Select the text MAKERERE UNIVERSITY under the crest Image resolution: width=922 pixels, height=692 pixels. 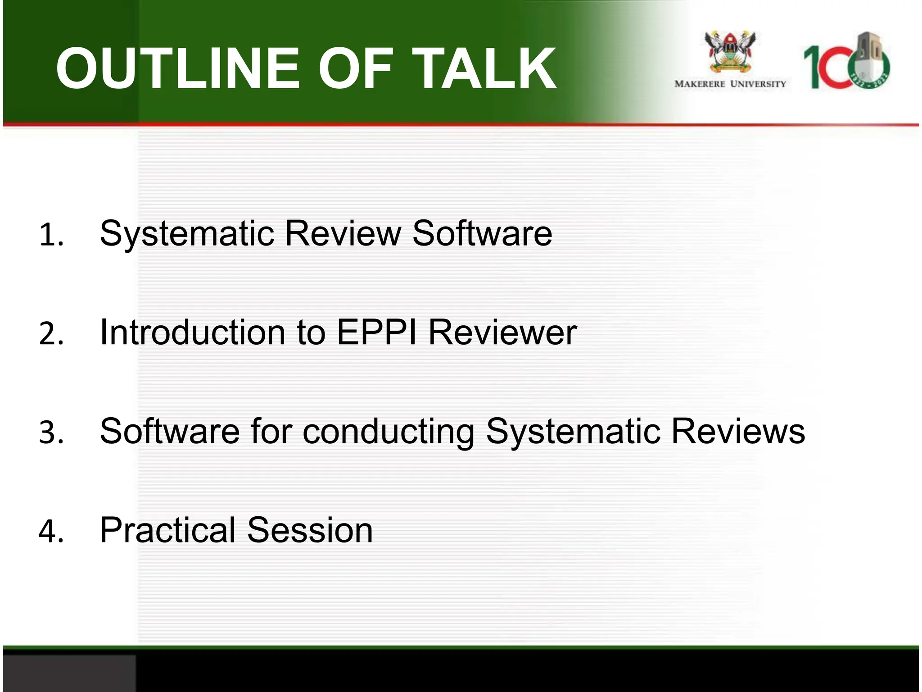click(730, 84)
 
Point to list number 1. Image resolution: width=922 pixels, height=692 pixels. click(51, 235)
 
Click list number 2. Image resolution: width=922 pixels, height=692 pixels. click(51, 334)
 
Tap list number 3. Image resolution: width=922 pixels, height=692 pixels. click(51, 433)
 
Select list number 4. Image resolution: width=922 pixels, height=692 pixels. click(51, 532)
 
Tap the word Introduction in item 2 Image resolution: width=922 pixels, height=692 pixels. click(193, 332)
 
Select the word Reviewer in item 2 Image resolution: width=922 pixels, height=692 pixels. click(502, 332)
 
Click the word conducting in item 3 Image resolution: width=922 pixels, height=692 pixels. click(388, 432)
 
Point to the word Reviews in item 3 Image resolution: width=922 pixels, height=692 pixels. click(738, 432)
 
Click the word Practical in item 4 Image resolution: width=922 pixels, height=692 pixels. click(167, 530)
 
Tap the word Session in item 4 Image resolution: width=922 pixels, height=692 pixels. click(310, 530)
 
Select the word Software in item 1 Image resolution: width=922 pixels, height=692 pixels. click(482, 233)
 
